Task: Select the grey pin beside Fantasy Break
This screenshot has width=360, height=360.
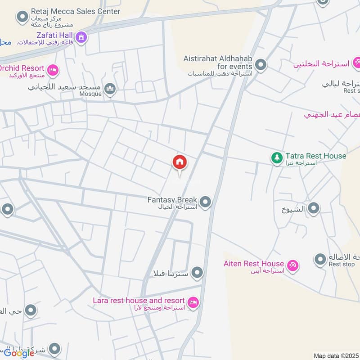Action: [206, 202]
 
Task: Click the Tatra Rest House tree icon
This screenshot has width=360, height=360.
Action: [276, 158]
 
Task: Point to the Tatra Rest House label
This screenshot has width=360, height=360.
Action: [315, 156]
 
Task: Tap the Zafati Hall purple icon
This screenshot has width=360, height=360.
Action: [81, 37]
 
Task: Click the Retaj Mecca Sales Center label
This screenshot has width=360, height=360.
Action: [76, 11]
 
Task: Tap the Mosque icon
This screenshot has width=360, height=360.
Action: [110, 90]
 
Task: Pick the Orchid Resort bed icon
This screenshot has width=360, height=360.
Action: [53, 70]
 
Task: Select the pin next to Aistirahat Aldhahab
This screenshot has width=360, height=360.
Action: [261, 65]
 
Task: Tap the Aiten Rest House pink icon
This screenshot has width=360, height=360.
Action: [293, 266]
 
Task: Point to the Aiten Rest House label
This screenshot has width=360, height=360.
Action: [254, 264]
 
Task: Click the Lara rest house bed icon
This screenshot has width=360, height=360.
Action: [193, 303]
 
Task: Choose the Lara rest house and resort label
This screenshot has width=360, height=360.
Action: [139, 301]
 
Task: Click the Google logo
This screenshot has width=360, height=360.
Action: [19, 353]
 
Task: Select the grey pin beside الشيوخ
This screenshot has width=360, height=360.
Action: [314, 208]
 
